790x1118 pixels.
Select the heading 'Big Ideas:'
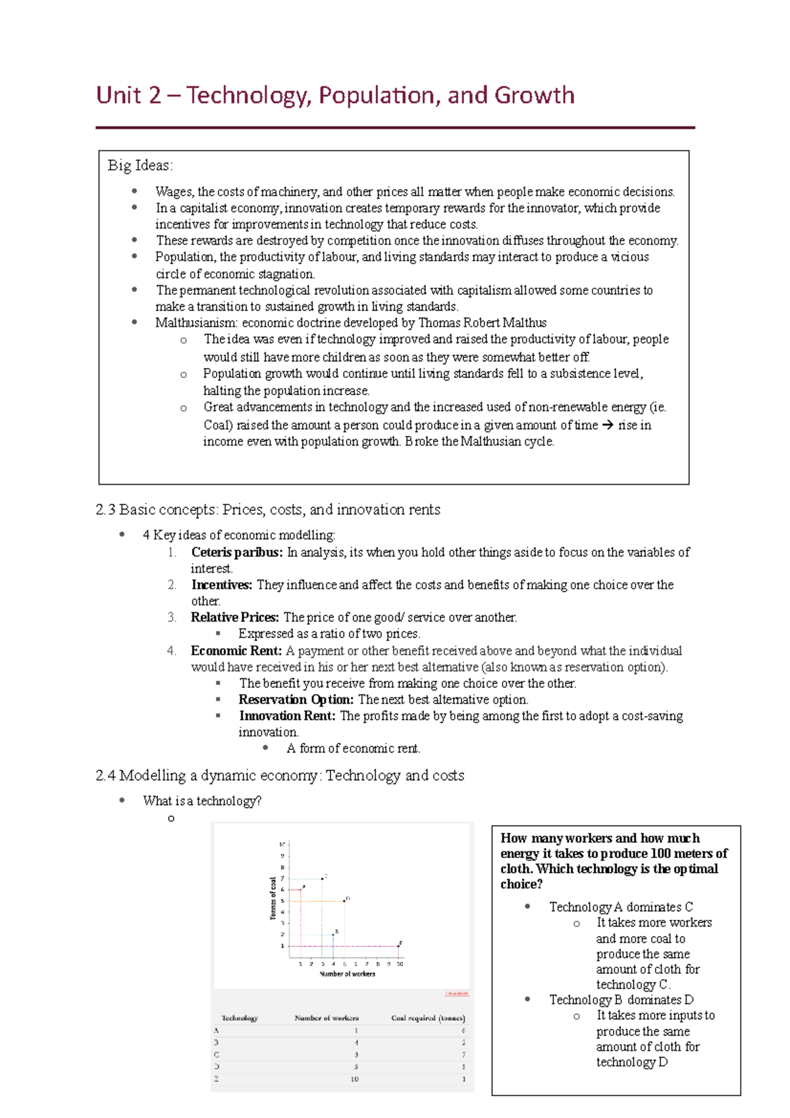click(140, 165)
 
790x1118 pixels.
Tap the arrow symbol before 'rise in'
click(607, 425)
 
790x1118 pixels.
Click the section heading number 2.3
click(105, 510)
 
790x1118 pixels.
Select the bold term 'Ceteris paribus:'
click(236, 552)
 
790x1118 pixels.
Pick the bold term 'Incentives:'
click(221, 585)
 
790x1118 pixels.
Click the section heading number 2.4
click(105, 776)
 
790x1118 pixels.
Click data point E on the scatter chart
click(399, 946)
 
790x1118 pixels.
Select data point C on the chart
click(322, 878)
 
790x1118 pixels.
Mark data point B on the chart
click(333, 934)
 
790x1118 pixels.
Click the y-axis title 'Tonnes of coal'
click(273, 898)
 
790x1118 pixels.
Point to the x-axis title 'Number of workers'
click(347, 974)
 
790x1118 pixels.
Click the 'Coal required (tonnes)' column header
click(428, 1018)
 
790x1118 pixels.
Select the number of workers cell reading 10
click(355, 1079)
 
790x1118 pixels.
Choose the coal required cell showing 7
click(463, 1055)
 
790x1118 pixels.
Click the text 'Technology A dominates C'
click(621, 907)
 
